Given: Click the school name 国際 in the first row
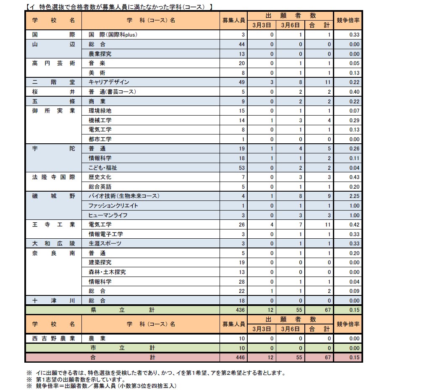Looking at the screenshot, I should click(53, 34).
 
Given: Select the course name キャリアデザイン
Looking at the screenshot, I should click(109, 82).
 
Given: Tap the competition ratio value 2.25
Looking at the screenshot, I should click(354, 196).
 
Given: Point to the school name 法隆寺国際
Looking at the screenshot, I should click(53, 177).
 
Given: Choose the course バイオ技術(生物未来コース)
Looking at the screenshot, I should click(124, 196).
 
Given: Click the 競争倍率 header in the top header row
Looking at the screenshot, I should click(348, 20).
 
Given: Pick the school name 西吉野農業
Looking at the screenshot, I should click(53, 338).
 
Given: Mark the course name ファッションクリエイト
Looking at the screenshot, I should click(113, 206).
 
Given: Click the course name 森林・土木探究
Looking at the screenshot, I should click(107, 272).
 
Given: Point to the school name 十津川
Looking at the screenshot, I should click(53, 300).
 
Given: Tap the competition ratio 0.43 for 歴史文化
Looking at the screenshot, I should click(354, 177).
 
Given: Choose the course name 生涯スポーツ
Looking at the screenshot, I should click(105, 243).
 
